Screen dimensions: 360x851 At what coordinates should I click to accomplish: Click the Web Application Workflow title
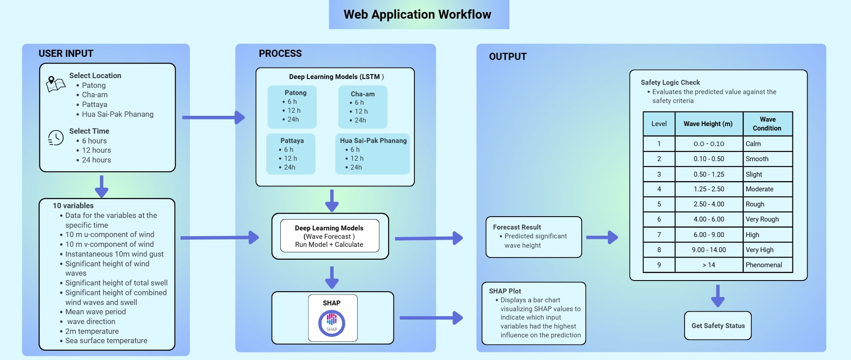(x=417, y=15)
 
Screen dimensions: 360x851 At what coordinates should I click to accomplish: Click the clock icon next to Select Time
(x=56, y=138)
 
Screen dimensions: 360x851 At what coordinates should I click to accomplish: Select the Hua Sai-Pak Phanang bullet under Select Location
(x=117, y=114)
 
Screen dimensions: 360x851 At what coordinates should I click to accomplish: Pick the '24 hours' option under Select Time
(x=96, y=160)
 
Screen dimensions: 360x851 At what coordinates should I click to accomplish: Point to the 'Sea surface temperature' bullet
(x=106, y=340)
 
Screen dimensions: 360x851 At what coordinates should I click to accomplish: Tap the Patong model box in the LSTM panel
(x=292, y=107)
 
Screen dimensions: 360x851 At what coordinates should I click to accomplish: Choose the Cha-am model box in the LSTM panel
(x=362, y=107)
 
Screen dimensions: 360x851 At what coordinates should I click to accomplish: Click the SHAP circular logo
(x=331, y=323)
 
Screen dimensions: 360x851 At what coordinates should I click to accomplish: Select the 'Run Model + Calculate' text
(x=329, y=245)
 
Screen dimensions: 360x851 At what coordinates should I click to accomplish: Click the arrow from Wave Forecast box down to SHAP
(x=332, y=277)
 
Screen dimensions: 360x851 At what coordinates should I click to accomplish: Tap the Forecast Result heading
(x=517, y=227)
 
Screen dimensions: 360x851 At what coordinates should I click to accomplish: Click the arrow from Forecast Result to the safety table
(x=602, y=237)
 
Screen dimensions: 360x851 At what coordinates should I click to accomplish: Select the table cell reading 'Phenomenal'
(x=764, y=265)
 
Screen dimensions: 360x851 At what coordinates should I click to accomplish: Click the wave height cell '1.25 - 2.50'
(x=709, y=189)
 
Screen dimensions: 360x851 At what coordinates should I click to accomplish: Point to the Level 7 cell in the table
(x=659, y=235)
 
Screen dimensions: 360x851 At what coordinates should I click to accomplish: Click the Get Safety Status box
(x=717, y=326)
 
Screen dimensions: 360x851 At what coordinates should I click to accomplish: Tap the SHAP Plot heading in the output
(x=505, y=291)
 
